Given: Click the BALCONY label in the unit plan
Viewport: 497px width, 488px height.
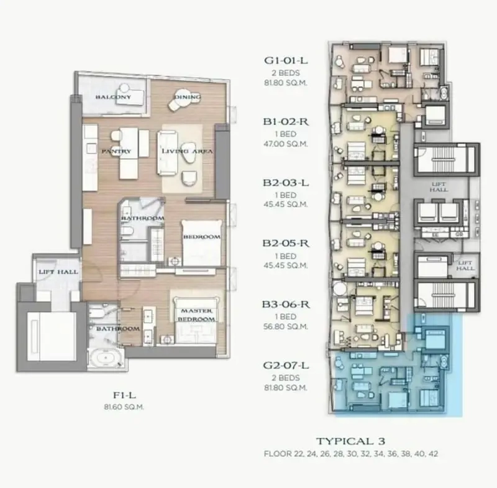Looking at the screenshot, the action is coord(113,97).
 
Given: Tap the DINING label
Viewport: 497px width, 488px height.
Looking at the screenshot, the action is coord(188,97).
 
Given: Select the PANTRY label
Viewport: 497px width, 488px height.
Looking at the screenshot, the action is coord(116,151).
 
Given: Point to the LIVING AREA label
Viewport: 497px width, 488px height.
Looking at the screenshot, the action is coord(187,151).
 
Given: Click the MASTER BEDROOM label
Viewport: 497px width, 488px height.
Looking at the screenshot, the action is coord(196,315).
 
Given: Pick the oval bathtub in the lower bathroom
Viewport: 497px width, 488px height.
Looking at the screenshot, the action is coord(105,358).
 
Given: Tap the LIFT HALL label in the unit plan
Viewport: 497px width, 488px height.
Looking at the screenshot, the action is coord(58,272).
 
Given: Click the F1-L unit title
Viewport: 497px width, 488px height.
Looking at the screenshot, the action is coord(124,395).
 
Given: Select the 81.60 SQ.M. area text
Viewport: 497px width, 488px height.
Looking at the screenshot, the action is coord(124,407).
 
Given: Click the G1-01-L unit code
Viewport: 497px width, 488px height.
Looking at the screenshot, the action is coord(286,60).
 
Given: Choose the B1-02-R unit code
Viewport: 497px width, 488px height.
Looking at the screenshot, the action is coord(286,122).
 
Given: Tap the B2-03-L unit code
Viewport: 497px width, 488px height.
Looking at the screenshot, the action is coord(286,183).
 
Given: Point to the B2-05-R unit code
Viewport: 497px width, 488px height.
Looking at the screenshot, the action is coord(286,243).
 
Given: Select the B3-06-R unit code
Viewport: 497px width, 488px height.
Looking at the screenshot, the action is coord(286,305).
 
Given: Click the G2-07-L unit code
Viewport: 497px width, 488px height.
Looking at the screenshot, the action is coord(286,366).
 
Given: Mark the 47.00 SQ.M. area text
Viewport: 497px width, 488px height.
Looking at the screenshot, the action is coord(286,144).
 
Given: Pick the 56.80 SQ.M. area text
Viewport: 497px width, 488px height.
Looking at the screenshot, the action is coord(286,326).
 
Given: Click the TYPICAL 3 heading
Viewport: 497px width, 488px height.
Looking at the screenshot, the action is coord(350,441).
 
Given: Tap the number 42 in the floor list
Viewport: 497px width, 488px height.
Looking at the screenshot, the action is coord(433,454).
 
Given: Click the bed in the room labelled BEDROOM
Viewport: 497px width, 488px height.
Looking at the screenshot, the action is coord(201,243).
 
